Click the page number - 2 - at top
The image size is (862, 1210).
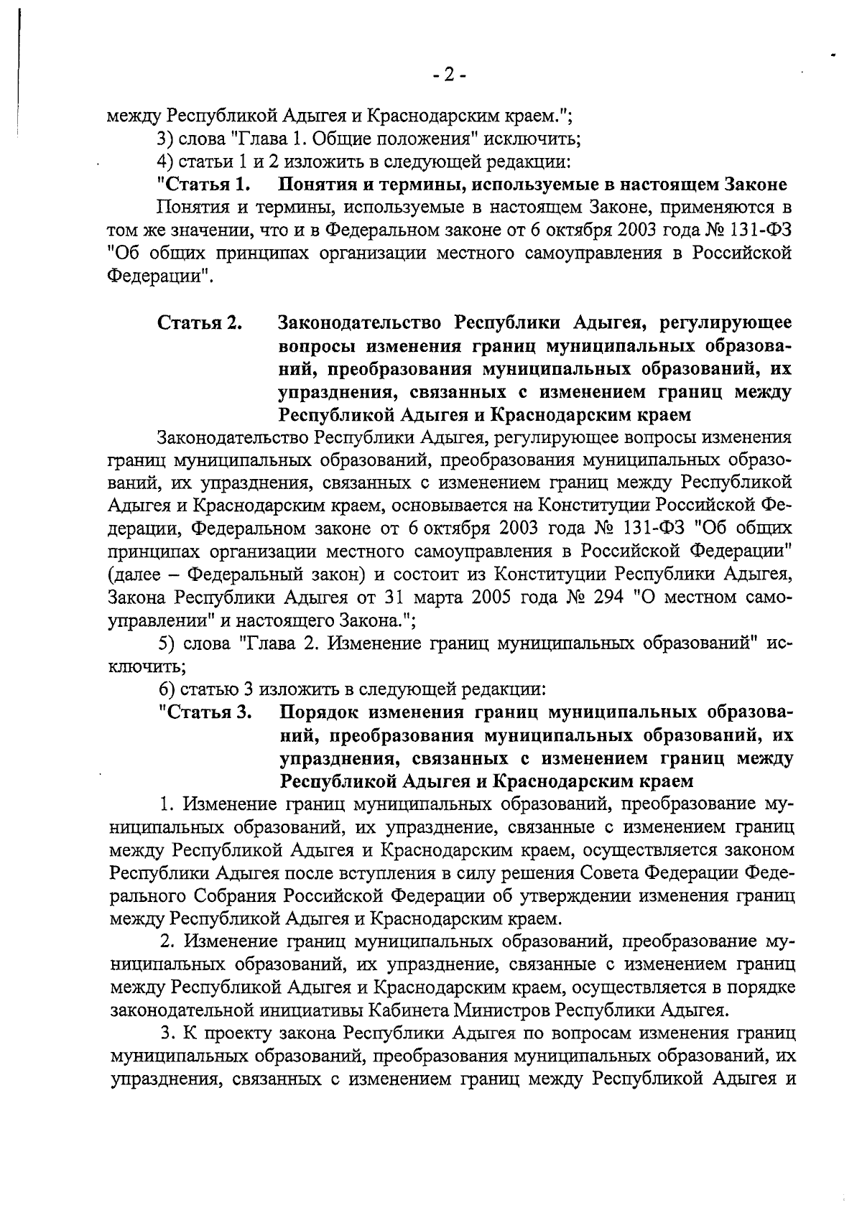pyautogui.click(x=450, y=75)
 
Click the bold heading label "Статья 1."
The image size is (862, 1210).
pyautogui.click(x=204, y=185)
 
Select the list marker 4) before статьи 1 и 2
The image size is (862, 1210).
pyautogui.click(x=167, y=162)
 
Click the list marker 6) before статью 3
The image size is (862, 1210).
pyautogui.click(x=167, y=689)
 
